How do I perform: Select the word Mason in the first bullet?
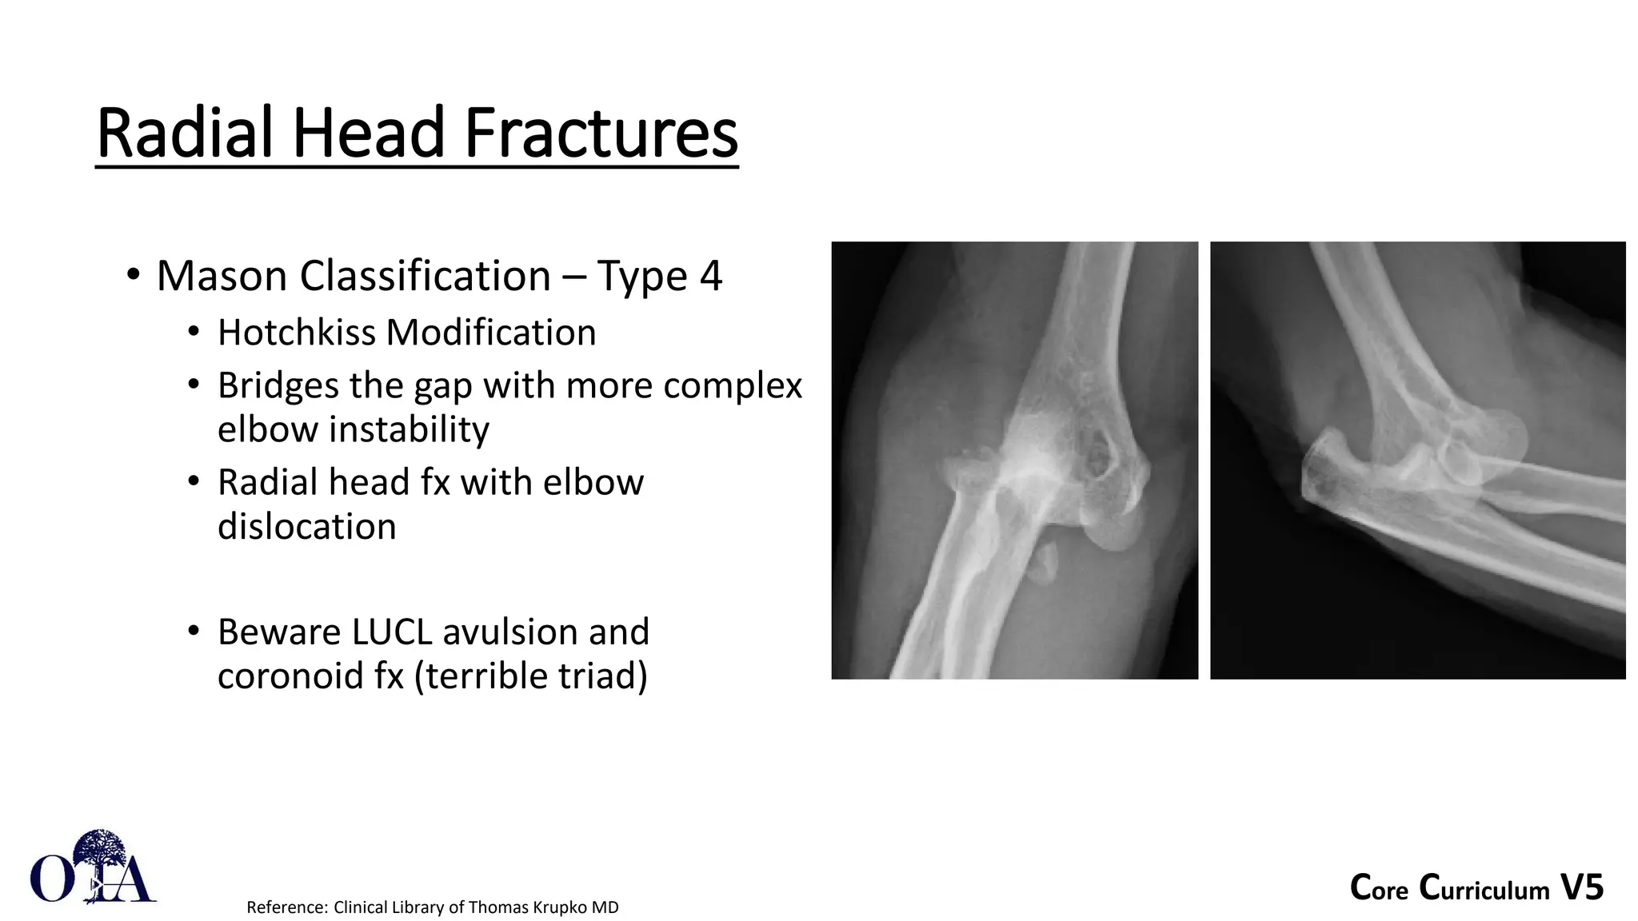[222, 277]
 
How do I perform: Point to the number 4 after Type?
[710, 277]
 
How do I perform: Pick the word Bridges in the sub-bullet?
[277, 386]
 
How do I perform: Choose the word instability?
[353, 430]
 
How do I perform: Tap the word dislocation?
[306, 528]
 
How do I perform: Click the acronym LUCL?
[391, 632]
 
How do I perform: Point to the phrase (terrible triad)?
[530, 676]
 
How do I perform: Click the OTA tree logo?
[93, 867]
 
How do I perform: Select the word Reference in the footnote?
[286, 907]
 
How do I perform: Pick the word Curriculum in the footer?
[1484, 889]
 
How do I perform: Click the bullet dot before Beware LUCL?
[193, 632]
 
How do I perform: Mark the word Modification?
[490, 333]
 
